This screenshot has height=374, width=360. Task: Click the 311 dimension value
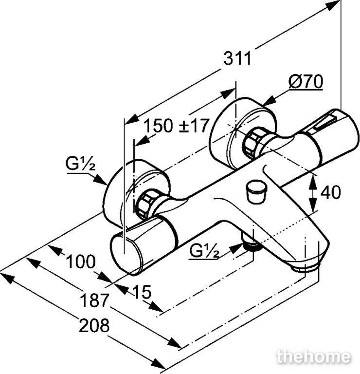237,58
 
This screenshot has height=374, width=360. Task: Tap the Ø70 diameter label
306,82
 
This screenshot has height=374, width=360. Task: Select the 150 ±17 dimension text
177,126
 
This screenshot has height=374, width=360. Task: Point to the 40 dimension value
330,192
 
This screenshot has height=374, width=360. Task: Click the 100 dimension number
81,262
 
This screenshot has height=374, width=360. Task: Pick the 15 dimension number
142,292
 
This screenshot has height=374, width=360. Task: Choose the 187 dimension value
94,300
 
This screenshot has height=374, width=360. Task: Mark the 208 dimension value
94,325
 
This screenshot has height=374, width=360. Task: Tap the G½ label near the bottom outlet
204,251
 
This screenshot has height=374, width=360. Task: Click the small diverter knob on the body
255,192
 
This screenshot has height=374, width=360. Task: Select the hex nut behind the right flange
252,143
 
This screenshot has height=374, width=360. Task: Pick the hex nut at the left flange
145,204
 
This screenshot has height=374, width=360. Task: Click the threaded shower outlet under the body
252,243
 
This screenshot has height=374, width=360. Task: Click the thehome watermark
313,357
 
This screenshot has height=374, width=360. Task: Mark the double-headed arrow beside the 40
313,193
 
